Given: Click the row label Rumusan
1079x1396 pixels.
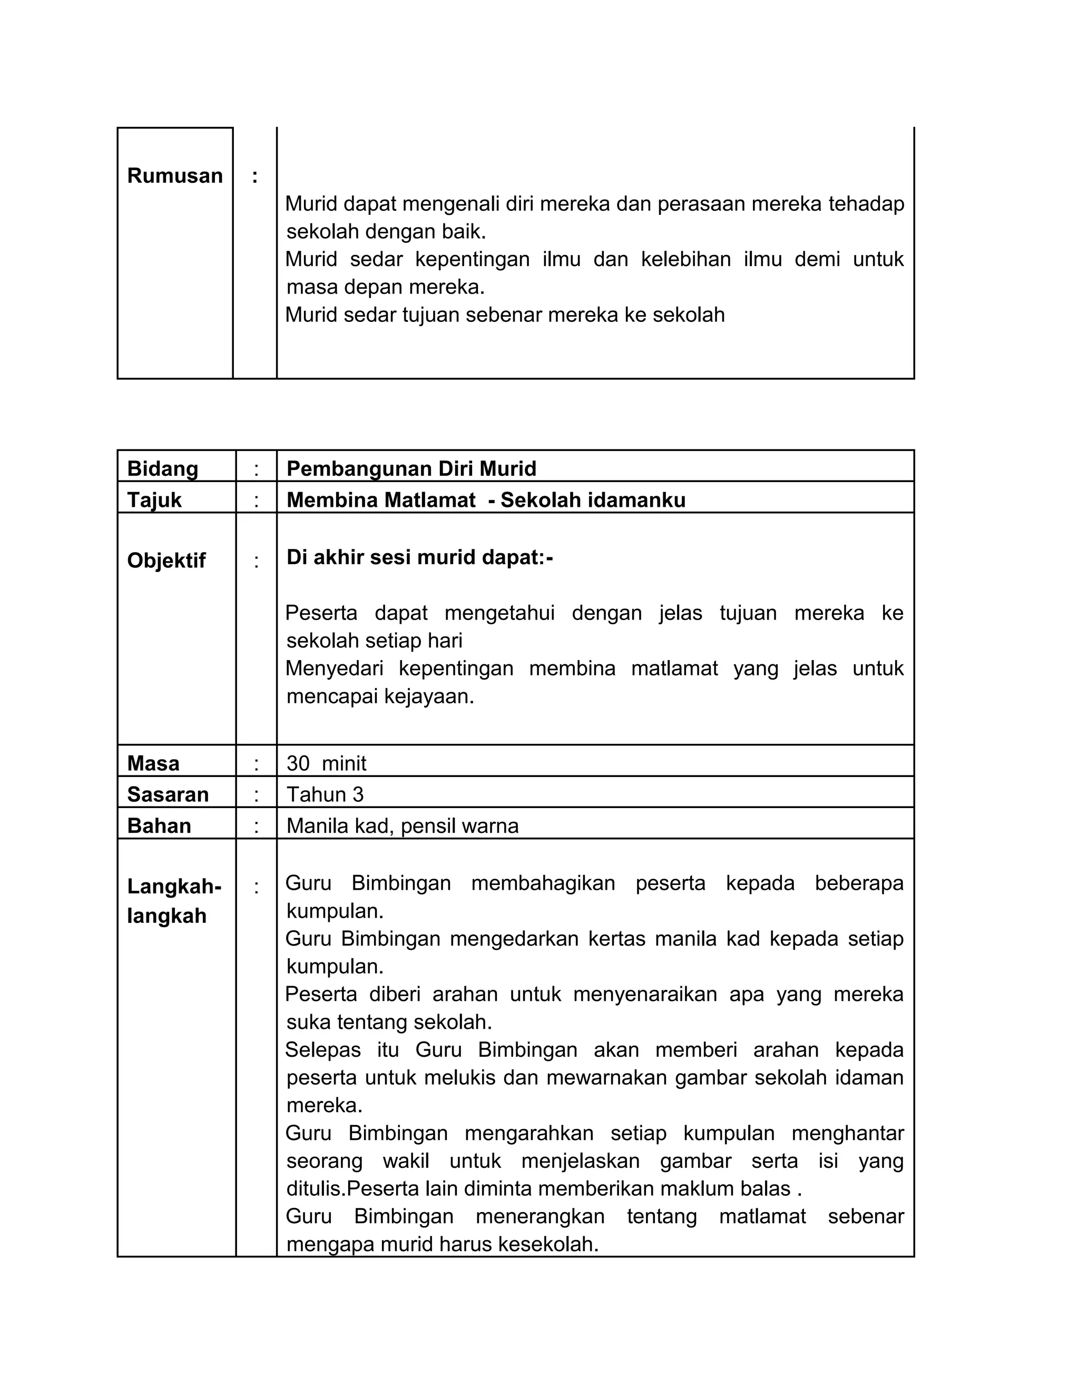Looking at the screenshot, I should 174,176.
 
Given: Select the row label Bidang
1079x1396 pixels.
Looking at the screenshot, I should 162,468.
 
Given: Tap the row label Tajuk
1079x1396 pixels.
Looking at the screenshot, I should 154,500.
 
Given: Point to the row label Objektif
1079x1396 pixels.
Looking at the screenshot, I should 166,561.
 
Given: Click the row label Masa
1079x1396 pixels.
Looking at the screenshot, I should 153,763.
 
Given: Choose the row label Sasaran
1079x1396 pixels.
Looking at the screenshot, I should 168,794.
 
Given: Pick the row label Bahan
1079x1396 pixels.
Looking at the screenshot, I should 159,826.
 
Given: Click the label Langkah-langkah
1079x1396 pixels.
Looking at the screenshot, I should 174,901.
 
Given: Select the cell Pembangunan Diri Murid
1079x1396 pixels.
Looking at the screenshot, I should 411,468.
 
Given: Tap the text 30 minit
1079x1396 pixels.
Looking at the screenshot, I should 326,763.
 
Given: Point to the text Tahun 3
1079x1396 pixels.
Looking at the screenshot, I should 325,794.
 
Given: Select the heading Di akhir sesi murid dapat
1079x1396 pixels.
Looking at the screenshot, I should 419,557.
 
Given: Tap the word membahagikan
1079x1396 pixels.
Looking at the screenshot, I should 543,883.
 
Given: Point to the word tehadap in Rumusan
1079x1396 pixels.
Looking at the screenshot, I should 866,204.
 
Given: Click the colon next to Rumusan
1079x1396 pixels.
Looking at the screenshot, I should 255,176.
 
